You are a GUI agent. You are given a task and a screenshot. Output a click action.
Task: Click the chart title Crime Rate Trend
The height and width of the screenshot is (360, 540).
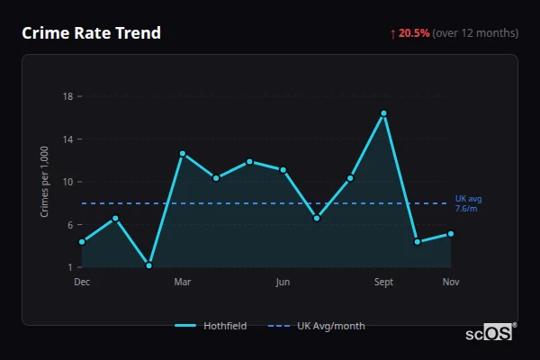click(x=91, y=33)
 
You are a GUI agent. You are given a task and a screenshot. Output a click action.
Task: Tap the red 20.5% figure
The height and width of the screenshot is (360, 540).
click(x=414, y=33)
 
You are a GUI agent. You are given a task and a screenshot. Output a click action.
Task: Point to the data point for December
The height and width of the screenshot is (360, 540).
click(x=82, y=241)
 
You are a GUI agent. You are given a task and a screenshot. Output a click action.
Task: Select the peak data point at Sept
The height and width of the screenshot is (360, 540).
click(x=383, y=113)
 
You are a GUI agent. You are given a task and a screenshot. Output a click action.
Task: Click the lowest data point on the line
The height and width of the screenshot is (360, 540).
click(x=148, y=265)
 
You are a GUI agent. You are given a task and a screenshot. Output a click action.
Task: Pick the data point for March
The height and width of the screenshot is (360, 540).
click(x=182, y=154)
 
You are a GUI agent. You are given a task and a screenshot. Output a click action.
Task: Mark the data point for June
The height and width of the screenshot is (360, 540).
click(x=283, y=169)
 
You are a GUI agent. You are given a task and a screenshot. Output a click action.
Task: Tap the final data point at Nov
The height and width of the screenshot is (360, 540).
click(x=451, y=234)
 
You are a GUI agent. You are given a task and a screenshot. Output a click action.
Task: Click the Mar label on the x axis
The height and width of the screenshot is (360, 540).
click(x=182, y=282)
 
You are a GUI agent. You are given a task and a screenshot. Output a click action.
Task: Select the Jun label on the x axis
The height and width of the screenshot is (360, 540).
click(x=283, y=282)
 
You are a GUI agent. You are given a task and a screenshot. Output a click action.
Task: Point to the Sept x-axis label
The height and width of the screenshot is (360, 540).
click(x=383, y=282)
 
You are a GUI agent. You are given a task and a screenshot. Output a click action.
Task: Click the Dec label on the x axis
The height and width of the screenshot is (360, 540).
click(x=82, y=282)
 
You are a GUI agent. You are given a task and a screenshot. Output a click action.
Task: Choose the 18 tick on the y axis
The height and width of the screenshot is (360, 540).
click(x=67, y=96)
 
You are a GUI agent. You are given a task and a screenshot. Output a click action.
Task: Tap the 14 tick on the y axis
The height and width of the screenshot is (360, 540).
click(x=67, y=139)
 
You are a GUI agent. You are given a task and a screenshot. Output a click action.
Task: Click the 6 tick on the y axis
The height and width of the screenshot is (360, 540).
click(x=69, y=225)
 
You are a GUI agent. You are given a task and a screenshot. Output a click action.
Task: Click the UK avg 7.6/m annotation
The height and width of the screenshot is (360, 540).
click(x=468, y=203)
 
